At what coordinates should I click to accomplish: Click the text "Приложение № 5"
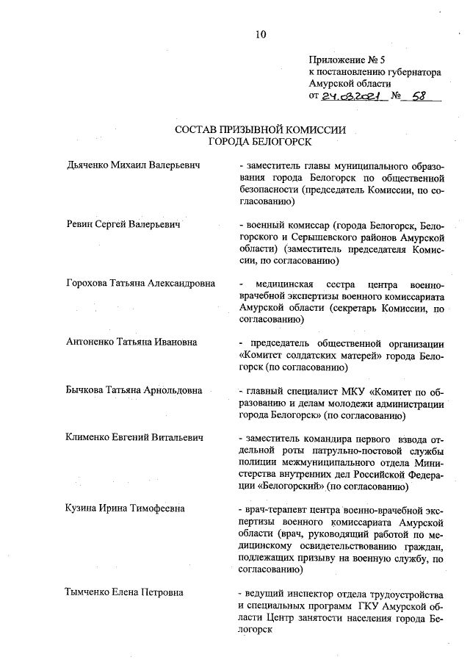pos(347,60)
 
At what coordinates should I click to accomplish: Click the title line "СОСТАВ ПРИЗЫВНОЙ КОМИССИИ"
pos(260,129)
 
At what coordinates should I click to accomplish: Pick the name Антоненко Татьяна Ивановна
pos(131,342)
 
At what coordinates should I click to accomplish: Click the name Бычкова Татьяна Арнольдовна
pos(134,389)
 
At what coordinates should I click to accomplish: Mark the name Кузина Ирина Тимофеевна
pos(125,508)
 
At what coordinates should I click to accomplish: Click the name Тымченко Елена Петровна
pos(124,592)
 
